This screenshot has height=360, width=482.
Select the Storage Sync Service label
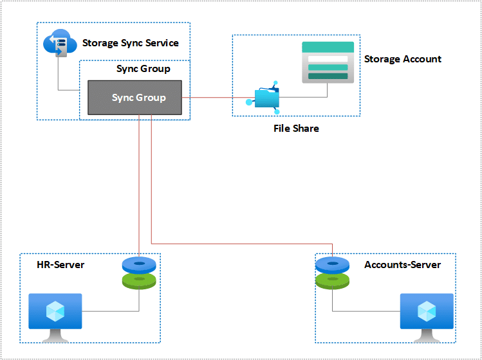point(130,43)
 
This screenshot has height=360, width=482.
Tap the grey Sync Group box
point(135,98)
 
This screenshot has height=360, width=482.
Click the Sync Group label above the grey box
point(143,69)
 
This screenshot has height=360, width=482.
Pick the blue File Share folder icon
point(266,98)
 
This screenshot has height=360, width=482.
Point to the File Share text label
point(296,129)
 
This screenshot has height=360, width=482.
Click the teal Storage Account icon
point(328,62)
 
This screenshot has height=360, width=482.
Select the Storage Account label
point(403,59)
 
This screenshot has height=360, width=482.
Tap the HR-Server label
point(60,265)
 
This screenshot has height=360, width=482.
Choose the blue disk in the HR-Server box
point(139,264)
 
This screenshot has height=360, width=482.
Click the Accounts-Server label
point(402,265)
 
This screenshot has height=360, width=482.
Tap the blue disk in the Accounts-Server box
point(332,264)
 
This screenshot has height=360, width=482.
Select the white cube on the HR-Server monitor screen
point(55,311)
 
